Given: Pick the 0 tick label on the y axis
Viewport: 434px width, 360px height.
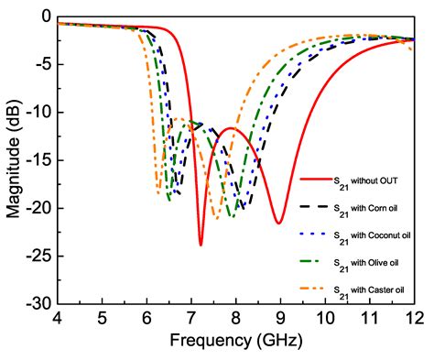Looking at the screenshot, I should point(44,17).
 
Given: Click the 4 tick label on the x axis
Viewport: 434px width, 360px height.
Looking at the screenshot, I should point(58,318).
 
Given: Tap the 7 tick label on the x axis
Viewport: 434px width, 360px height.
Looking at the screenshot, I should point(191,318).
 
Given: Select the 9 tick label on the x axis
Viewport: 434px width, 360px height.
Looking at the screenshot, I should point(280,318).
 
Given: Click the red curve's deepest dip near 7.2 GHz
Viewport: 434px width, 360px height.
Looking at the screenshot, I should point(201,245).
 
